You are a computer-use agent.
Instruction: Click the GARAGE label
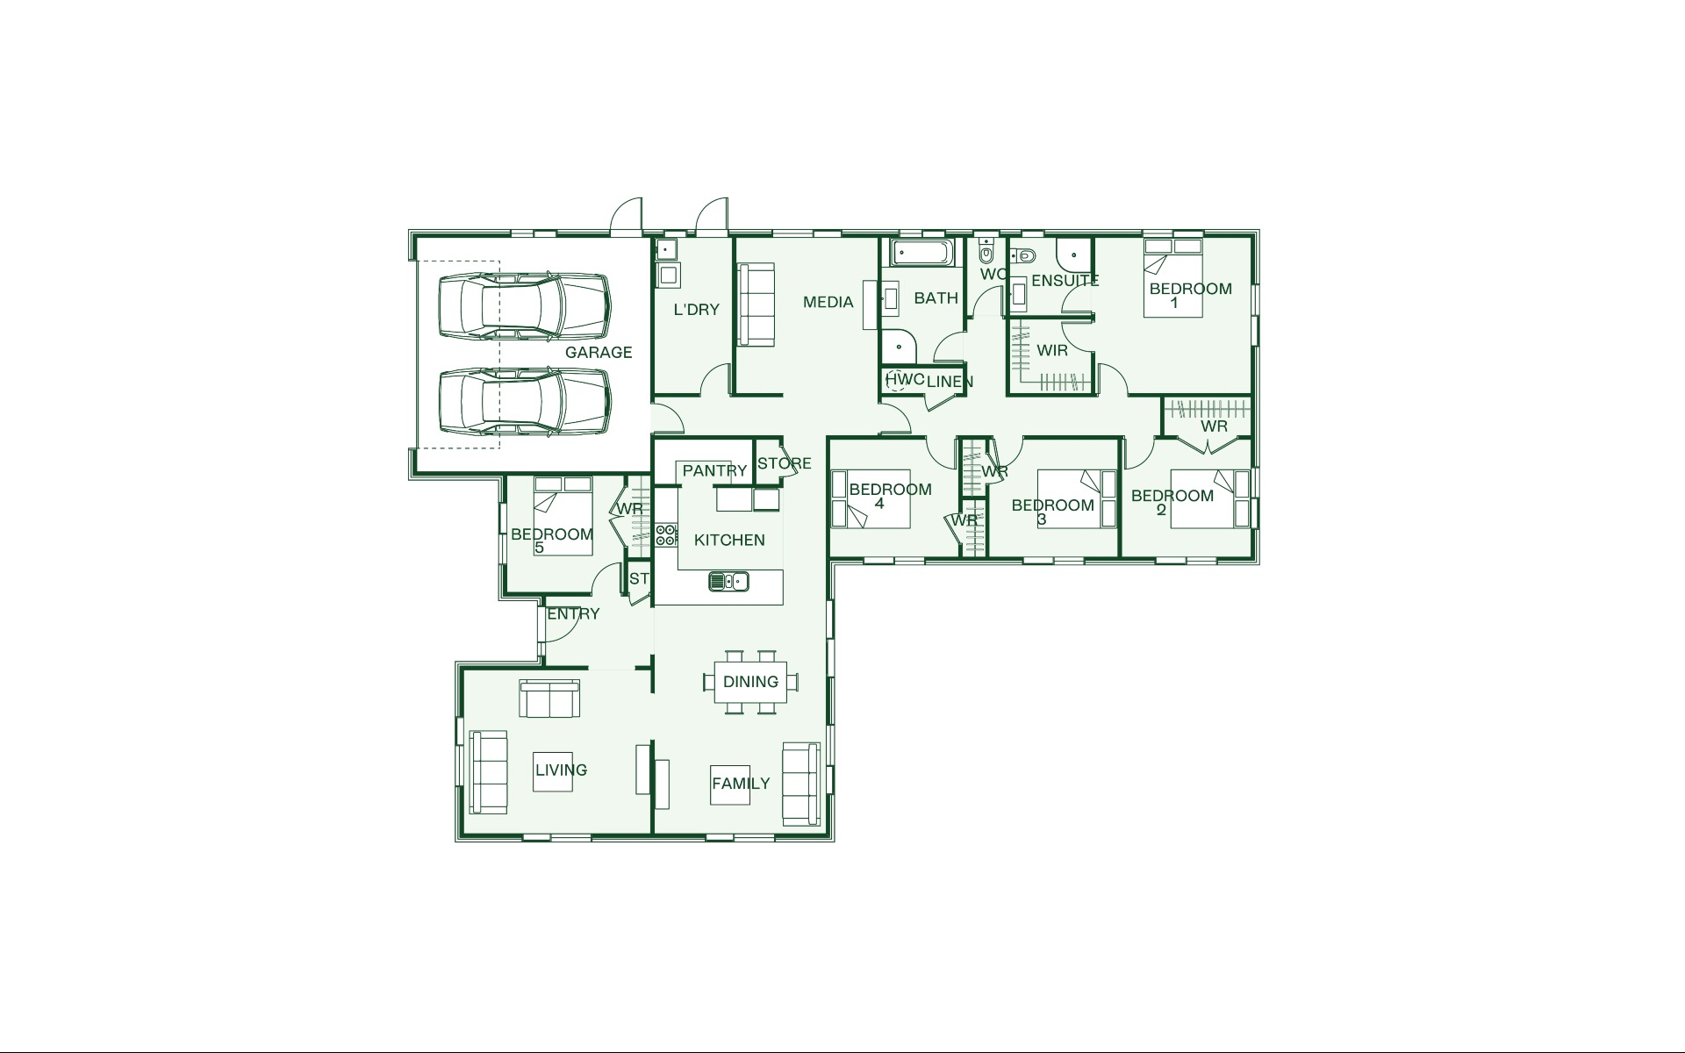[599, 352]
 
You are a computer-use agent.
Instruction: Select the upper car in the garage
[523, 306]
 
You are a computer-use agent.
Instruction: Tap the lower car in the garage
[523, 401]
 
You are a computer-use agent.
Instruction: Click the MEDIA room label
[828, 302]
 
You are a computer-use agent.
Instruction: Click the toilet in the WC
[986, 253]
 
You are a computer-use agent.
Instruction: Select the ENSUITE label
[1065, 281]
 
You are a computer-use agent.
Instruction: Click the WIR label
[1052, 350]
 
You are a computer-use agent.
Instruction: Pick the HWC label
[905, 379]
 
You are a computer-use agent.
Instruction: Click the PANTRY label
[714, 470]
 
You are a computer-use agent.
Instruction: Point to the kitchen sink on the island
[728, 580]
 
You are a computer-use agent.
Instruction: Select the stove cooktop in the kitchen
[666, 535]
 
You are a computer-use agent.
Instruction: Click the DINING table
[751, 682]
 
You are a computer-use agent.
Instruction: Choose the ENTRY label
[573, 613]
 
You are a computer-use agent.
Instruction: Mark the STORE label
[785, 463]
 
